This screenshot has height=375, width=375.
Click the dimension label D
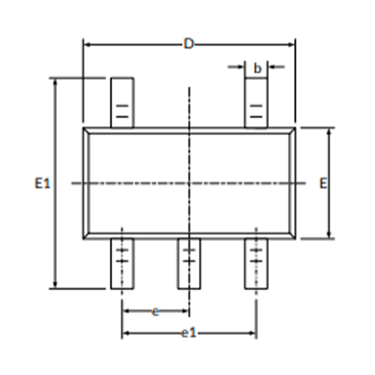(x=189, y=44)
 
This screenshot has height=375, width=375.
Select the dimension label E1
(x=43, y=183)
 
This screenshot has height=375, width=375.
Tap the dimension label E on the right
(x=323, y=183)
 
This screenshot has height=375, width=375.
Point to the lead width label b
(x=257, y=68)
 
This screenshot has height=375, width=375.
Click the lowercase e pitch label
(x=156, y=311)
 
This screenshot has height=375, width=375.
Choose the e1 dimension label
(x=189, y=333)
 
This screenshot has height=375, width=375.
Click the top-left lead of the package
(x=122, y=103)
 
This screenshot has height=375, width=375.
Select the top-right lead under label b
(x=256, y=103)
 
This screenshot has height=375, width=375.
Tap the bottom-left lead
(x=122, y=263)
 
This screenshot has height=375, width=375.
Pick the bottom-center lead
(x=189, y=263)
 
